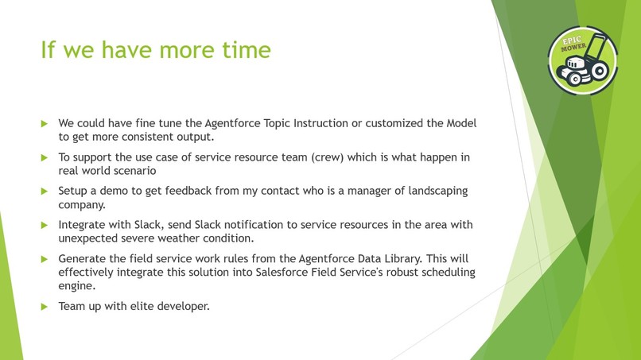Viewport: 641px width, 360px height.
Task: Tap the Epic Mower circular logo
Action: coord(582,61)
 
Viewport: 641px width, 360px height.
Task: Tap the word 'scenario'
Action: coord(132,171)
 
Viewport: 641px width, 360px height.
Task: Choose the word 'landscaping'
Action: coord(435,192)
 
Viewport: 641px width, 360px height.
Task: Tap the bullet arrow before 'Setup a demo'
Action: coord(45,192)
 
